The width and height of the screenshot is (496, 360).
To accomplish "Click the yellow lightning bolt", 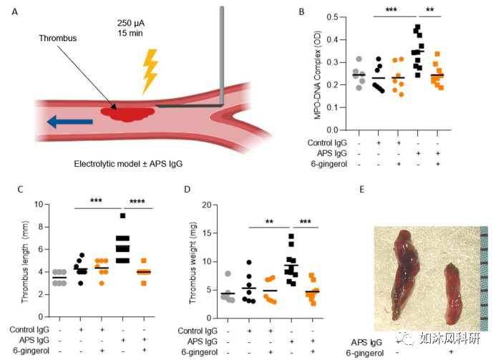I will click(x=151, y=72).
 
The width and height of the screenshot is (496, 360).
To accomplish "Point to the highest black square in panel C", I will click(x=124, y=215).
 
